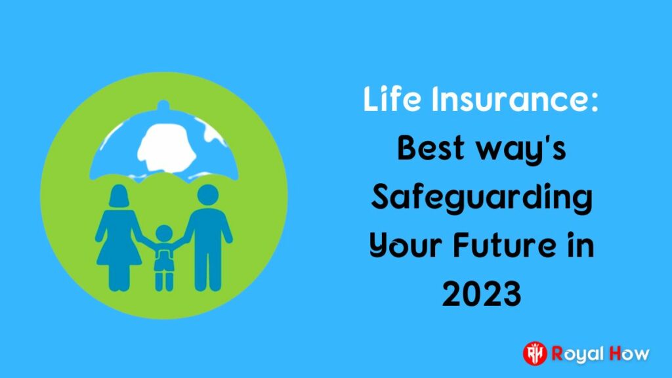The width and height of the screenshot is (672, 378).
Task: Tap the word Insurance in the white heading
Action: [x=514, y=99]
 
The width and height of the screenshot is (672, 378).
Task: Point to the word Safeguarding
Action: [x=482, y=199]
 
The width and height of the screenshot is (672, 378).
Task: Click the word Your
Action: [x=405, y=246]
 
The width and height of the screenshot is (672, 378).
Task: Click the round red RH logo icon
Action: [x=535, y=354]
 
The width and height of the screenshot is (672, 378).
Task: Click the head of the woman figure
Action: [x=119, y=196]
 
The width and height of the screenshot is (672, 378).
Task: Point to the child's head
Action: [x=163, y=234]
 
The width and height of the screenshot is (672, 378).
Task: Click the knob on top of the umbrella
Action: [x=163, y=105]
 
